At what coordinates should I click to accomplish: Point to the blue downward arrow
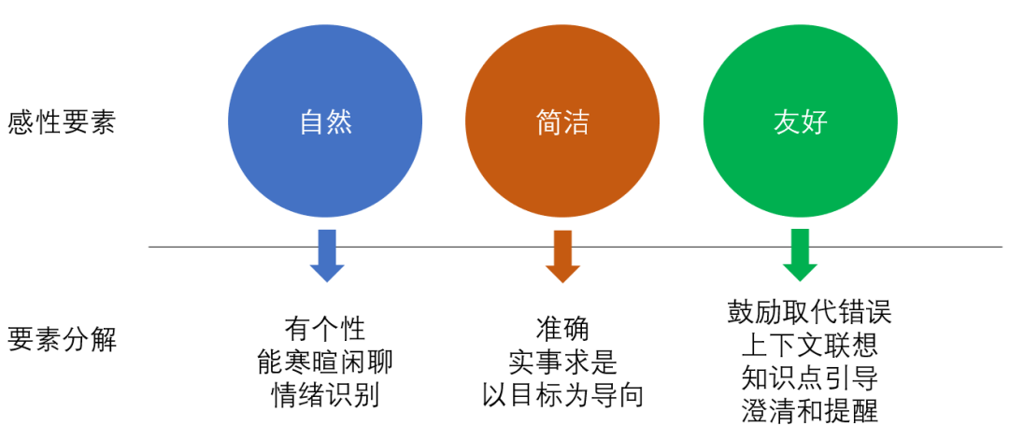[327, 255]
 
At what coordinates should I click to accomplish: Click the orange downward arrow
[562, 255]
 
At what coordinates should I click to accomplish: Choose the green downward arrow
[800, 255]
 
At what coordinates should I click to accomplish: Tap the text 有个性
[325, 329]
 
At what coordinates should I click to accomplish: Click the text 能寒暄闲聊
[325, 362]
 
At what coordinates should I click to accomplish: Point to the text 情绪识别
[325, 394]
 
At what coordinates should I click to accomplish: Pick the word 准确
[562, 329]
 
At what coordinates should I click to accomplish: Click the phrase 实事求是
[562, 362]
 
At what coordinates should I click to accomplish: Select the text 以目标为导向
[562, 394]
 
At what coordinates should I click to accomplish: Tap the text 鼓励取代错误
[810, 312]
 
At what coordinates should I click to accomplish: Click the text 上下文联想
[810, 345]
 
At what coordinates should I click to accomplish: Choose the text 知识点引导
[810, 377]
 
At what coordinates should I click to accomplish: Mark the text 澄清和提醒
[810, 410]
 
